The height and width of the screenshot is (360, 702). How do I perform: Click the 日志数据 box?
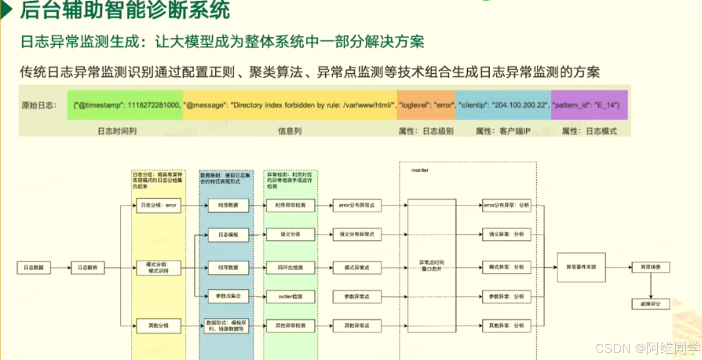(x=34, y=267)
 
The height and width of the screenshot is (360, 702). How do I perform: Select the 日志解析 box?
(x=88, y=267)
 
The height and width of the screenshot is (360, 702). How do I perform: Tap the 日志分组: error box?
(x=159, y=205)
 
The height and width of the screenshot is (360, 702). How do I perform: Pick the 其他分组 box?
(x=159, y=325)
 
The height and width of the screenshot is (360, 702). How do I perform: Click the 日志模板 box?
(x=228, y=235)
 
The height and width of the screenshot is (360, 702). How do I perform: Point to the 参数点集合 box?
(x=228, y=296)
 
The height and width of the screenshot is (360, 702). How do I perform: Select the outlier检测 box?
(x=290, y=296)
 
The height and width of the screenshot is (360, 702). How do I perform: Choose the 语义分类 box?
(x=290, y=234)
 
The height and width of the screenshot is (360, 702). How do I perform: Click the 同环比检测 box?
(x=290, y=267)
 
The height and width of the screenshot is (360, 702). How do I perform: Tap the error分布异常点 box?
(x=357, y=205)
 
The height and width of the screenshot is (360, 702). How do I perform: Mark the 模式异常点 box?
(x=357, y=267)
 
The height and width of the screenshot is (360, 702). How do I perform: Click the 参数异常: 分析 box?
(x=506, y=296)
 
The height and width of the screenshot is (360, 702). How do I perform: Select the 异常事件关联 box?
(x=581, y=267)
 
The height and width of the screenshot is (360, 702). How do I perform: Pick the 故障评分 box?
(x=651, y=304)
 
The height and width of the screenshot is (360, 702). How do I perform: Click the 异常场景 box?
(x=651, y=267)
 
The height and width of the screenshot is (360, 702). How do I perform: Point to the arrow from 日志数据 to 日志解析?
(x=61, y=267)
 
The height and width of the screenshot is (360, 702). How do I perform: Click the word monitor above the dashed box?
(x=420, y=170)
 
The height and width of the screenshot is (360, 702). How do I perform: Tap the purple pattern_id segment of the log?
(x=589, y=105)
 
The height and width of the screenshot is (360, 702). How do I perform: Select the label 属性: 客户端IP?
(x=503, y=131)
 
